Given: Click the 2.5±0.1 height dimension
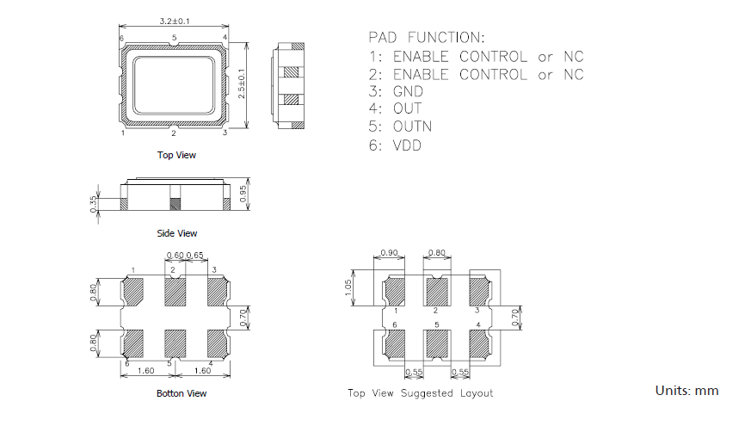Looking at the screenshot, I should (x=243, y=83).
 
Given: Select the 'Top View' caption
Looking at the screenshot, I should (x=175, y=155).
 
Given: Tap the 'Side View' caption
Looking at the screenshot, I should (x=176, y=233).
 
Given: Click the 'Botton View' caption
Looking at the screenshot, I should (x=181, y=393).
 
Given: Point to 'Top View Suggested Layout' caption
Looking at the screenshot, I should (x=420, y=393).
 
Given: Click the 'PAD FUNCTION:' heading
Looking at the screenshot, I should (x=426, y=38).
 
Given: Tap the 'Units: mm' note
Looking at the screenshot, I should (x=686, y=391).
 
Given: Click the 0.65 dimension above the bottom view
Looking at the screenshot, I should (x=195, y=256).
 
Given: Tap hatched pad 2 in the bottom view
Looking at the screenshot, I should (x=175, y=293).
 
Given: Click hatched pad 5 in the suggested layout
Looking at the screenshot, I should (x=437, y=343).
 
